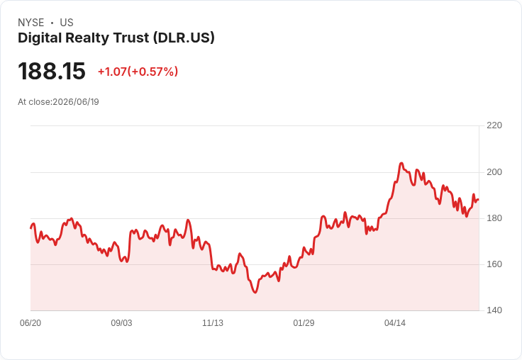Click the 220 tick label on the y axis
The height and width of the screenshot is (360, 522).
pyautogui.click(x=494, y=125)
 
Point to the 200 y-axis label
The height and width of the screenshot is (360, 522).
pyautogui.click(x=494, y=172)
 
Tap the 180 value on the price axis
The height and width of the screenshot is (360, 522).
pyautogui.click(x=494, y=218)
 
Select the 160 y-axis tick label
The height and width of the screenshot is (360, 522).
pyautogui.click(x=494, y=264)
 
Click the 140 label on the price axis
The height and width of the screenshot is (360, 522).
pyautogui.click(x=494, y=310)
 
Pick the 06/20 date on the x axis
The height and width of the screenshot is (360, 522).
pyautogui.click(x=30, y=323)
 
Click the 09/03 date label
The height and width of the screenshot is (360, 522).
pyautogui.click(x=121, y=323)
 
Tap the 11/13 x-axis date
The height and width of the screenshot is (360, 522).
pyautogui.click(x=213, y=323)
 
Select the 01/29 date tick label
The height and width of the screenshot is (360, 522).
pyautogui.click(x=304, y=323)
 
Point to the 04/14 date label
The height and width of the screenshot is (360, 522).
pyautogui.click(x=395, y=323)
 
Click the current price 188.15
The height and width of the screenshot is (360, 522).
pyautogui.click(x=52, y=71)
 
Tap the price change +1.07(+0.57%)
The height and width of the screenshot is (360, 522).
pyautogui.click(x=138, y=72)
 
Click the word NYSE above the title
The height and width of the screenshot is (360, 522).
pyautogui.click(x=31, y=23)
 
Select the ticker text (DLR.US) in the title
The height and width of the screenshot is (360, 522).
pyautogui.click(x=184, y=38)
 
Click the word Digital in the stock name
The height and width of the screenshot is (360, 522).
pyautogui.click(x=40, y=38)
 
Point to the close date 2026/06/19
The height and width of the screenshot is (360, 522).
pyautogui.click(x=76, y=102)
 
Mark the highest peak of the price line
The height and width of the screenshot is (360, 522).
pyautogui.click(x=401, y=163)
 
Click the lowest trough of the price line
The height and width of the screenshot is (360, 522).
pyautogui.click(x=255, y=292)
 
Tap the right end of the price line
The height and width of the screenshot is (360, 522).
pyautogui.click(x=479, y=200)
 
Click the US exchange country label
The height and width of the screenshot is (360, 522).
pyautogui.click(x=67, y=23)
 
